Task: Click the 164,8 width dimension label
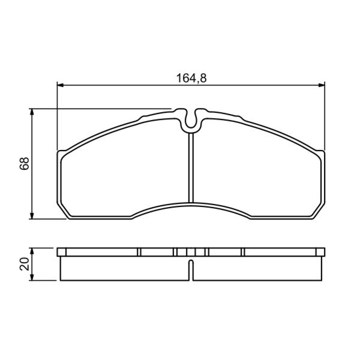[x=191, y=78]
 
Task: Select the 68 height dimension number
[x=24, y=163]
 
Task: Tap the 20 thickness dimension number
[x=24, y=264]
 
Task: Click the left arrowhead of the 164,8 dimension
[x=60, y=85]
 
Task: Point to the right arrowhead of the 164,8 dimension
[x=321, y=85]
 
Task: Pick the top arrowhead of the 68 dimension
[x=32, y=112]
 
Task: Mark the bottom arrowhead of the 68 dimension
[x=32, y=216]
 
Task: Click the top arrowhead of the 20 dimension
[x=32, y=251]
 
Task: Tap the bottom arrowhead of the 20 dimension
[x=32, y=277]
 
